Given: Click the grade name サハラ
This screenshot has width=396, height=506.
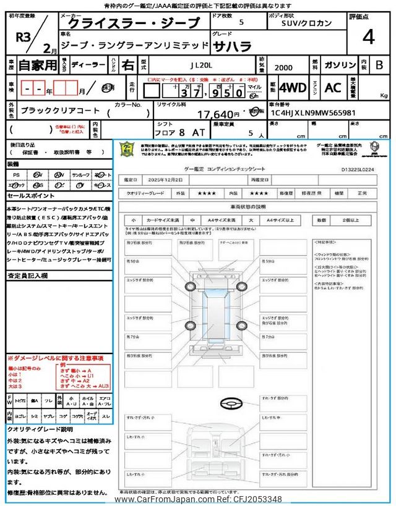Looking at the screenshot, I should click(234, 46).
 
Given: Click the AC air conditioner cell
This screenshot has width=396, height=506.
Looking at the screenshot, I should click(333, 88).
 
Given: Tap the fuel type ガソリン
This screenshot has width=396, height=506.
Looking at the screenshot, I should click(336, 64).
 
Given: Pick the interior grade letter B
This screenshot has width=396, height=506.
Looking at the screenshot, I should click(379, 64).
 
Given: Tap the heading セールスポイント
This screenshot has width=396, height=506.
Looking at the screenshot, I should click(31, 195).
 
